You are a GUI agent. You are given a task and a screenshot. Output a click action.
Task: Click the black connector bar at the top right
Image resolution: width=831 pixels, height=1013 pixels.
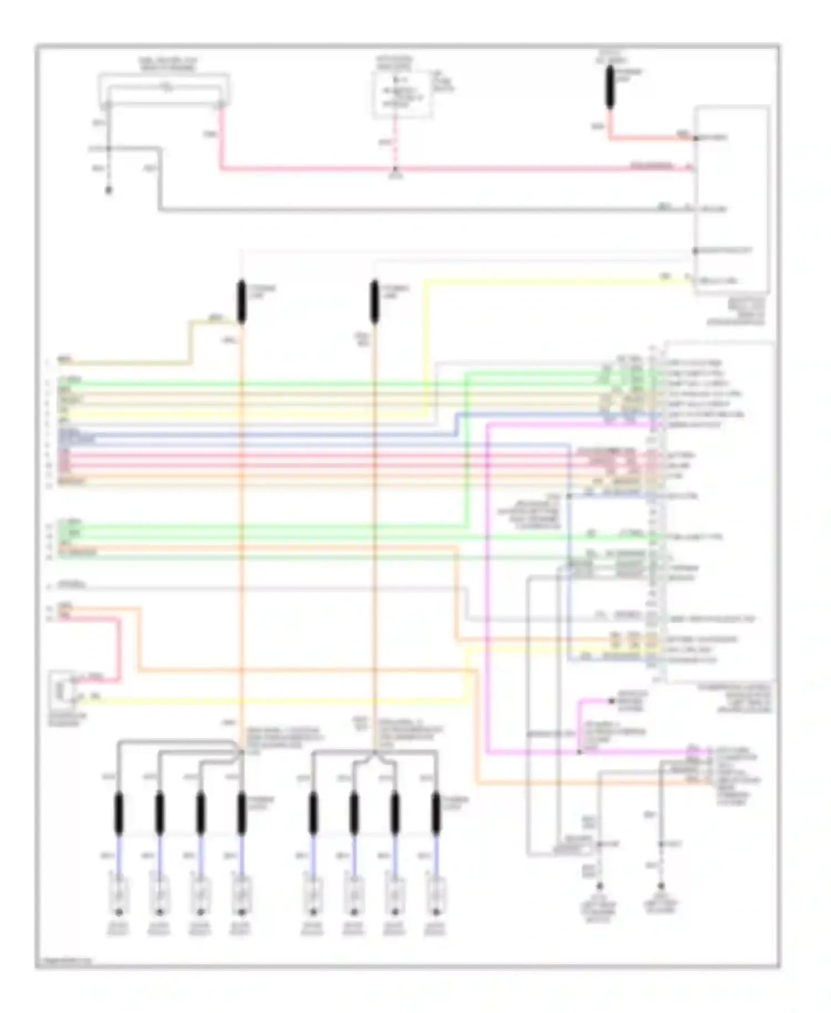click(610, 86)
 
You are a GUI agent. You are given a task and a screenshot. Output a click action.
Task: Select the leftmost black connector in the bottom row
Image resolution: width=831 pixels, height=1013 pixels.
click(119, 813)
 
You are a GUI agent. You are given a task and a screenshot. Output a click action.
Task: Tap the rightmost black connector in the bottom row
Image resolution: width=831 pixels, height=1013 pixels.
click(436, 813)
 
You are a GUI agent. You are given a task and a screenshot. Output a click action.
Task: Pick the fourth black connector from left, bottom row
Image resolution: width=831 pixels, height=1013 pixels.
click(242, 813)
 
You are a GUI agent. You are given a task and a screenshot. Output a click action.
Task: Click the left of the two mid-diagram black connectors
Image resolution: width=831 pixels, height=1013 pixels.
click(242, 301)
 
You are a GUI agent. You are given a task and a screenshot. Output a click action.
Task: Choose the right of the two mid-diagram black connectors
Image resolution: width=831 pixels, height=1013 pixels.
click(375, 301)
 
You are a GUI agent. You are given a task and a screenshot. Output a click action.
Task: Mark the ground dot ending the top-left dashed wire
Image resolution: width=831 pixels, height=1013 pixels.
click(109, 190)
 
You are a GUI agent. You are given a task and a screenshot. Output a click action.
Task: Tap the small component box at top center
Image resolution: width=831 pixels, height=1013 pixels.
click(402, 95)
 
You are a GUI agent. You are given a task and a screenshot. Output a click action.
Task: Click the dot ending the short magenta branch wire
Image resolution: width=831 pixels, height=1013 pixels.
click(612, 701)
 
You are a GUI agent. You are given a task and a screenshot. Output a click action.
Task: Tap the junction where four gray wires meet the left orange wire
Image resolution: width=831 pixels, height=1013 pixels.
click(242, 751)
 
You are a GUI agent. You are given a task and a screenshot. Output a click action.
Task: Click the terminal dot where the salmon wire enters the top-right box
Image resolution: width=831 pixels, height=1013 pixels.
click(696, 137)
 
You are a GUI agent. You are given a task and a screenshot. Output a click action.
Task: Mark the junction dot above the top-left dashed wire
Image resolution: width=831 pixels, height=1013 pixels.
click(109, 149)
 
